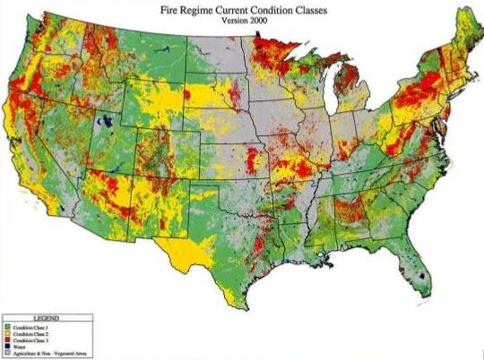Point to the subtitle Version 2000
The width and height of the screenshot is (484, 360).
tap(242, 23)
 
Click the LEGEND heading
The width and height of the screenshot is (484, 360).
tap(47, 319)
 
